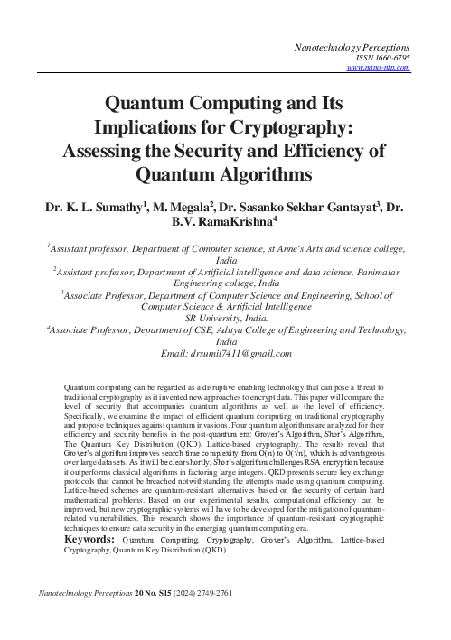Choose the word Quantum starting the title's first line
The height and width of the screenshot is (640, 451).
click(x=146, y=103)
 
